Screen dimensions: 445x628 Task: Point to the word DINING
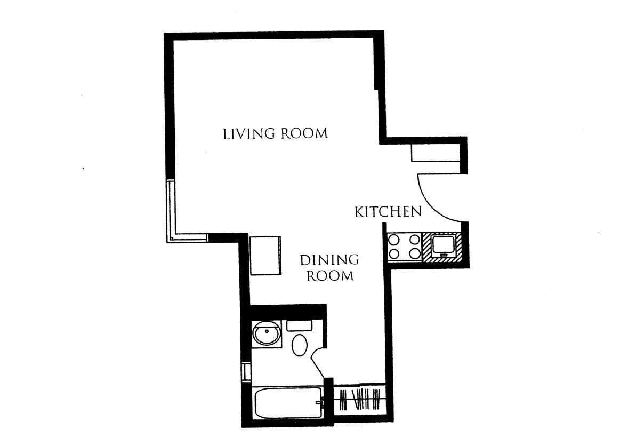[x=329, y=260]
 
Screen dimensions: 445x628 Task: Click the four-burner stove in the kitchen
[x=404, y=247]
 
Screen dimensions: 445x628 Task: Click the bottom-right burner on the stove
[x=413, y=253]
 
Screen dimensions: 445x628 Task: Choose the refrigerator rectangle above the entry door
[x=435, y=153]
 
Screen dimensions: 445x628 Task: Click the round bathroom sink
[x=266, y=335]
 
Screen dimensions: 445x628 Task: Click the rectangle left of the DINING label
[x=265, y=256]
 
